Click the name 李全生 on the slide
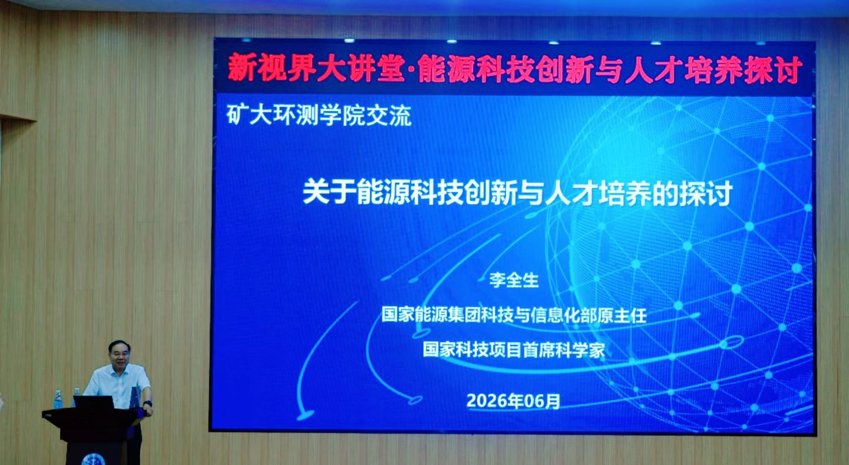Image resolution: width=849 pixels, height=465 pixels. click(514, 280)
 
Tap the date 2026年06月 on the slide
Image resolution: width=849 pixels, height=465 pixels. click(513, 401)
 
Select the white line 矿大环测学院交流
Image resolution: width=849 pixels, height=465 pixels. click(319, 116)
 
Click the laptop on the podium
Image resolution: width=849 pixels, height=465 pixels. click(93, 402)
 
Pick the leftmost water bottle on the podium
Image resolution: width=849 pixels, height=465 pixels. click(58, 399)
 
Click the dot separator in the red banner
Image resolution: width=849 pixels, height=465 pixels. click(411, 71)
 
